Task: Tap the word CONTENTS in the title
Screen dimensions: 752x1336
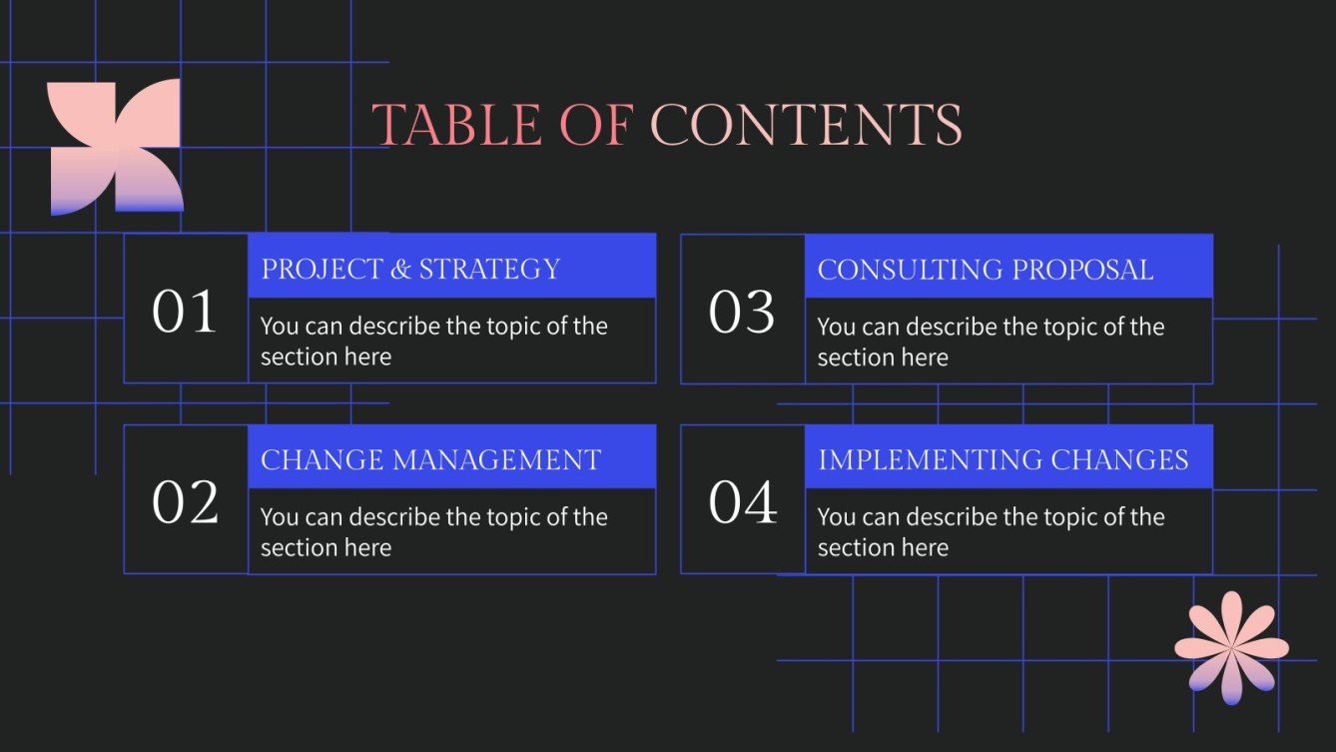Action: (x=806, y=126)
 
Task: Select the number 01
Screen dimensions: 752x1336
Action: (x=185, y=312)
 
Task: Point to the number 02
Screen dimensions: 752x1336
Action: (x=185, y=502)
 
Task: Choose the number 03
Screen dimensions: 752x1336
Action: (x=742, y=312)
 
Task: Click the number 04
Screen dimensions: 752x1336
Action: (x=742, y=502)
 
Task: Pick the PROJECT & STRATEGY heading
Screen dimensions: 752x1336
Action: (x=410, y=269)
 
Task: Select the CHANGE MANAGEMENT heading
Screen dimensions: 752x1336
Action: (x=430, y=459)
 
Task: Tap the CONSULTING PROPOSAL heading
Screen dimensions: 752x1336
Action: (x=985, y=269)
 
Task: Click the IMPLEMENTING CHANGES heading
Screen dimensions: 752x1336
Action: (x=1002, y=459)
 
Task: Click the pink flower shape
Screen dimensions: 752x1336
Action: (x=1231, y=647)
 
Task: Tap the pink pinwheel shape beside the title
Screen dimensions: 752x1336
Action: (x=116, y=147)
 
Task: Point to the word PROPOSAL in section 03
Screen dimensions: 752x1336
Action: (x=1082, y=269)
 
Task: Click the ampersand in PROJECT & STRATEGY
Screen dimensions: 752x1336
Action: (x=400, y=270)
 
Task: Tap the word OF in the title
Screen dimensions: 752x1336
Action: (x=603, y=126)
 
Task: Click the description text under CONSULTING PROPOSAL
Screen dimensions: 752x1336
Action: (x=991, y=342)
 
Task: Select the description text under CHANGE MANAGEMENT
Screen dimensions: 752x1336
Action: (x=433, y=532)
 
